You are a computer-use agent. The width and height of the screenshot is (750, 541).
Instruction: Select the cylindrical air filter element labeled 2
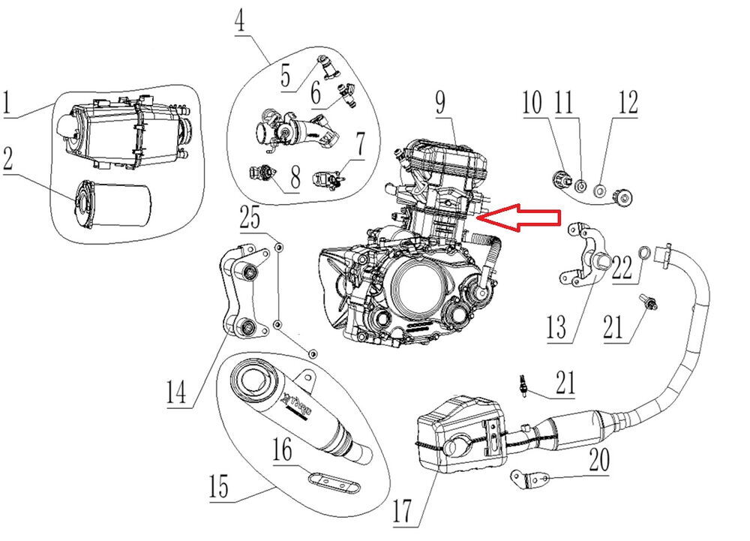click(113, 203)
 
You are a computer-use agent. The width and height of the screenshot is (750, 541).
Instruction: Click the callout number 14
click(175, 392)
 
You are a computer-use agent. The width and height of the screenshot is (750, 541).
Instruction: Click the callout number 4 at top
click(239, 21)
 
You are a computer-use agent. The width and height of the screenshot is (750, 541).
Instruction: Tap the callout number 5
click(286, 77)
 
